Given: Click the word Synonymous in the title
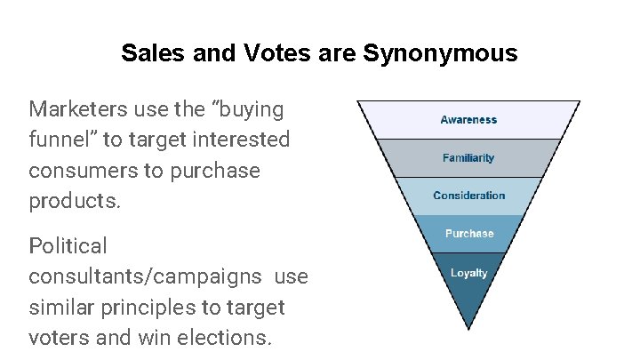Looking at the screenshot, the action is pyautogui.click(x=440, y=53).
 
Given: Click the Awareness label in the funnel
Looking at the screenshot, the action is pyautogui.click(x=468, y=120).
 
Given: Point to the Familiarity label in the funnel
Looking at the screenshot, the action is pyautogui.click(x=468, y=158).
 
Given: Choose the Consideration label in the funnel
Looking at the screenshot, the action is pyautogui.click(x=468, y=196).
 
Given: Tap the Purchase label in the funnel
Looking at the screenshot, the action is pyautogui.click(x=468, y=234).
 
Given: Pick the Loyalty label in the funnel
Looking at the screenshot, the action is pyautogui.click(x=468, y=273).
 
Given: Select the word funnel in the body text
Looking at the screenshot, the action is pyautogui.click(x=55, y=140).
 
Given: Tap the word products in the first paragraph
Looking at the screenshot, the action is pyautogui.click(x=74, y=201).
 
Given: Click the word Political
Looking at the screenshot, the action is pyautogui.click(x=68, y=245).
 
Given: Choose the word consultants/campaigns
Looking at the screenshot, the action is pyautogui.click(x=145, y=276).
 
